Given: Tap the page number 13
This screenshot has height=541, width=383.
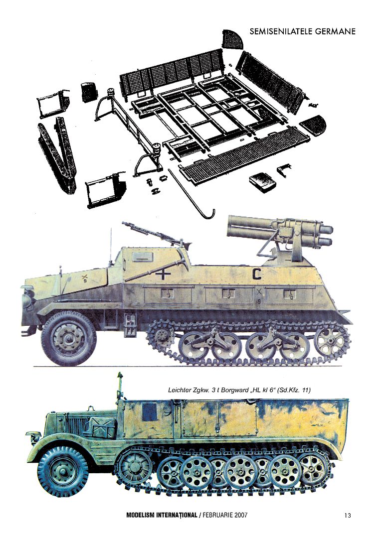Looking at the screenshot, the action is coord(348,516).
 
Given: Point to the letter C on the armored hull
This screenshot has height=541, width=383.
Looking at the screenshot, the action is coord(257,273).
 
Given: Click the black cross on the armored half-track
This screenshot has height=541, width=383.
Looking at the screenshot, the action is coord(163,274).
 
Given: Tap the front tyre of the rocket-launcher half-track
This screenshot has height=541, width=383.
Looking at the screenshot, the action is coord(68,338).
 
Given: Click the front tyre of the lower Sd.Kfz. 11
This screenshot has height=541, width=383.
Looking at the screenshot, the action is coord(62,471).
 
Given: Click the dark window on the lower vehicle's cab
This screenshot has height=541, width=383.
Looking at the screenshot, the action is coord(150,412).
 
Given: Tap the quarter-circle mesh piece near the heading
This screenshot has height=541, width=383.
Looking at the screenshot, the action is coord(232,39).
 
